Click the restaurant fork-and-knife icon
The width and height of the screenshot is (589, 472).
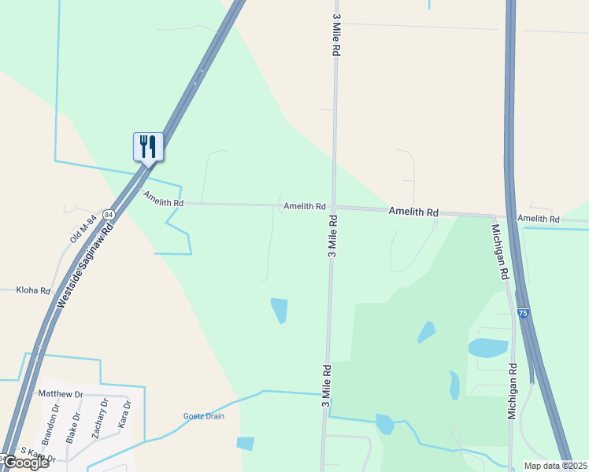coord(147,146)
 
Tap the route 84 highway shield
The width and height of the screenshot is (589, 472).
coord(108,214)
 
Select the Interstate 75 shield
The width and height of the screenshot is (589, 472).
coord(523,313)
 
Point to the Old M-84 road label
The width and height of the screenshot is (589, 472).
coord(83,227)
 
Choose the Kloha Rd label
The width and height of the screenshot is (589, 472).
coord(33,290)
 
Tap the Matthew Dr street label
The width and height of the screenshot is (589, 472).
coord(61,393)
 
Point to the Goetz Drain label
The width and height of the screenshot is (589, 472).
coord(204,416)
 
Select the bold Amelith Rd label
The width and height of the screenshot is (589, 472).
coord(413,212)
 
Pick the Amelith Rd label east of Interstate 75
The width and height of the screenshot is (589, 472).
coord(538,219)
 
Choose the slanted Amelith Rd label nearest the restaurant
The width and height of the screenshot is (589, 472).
coord(163,198)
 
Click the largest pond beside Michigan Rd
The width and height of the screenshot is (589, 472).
coord(488,348)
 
